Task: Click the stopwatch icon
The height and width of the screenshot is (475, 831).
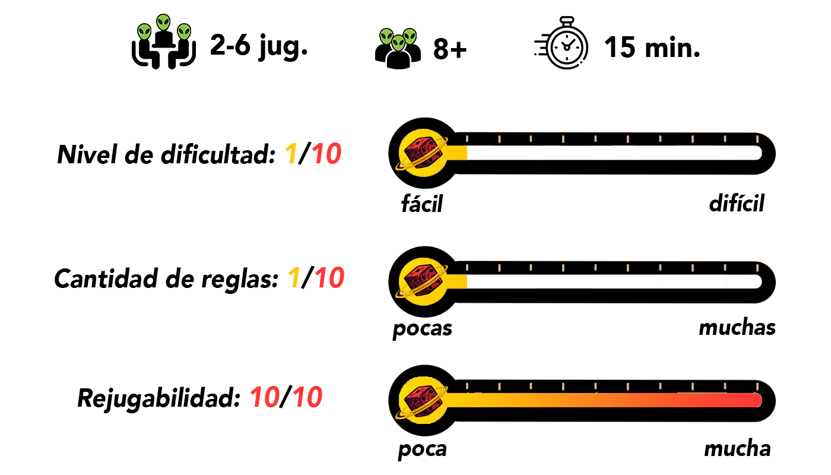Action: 566,47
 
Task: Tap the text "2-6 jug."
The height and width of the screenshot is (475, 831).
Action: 258,46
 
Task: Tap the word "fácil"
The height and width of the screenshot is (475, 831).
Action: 422,204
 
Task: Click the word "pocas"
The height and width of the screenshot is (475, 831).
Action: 422,328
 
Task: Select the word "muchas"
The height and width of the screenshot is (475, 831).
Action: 737,327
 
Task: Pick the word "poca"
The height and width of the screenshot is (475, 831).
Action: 422,449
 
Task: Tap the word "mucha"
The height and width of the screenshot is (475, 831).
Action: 737,448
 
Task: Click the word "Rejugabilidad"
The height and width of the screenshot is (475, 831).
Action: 158,398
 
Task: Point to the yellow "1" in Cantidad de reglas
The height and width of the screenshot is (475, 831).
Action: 293,279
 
